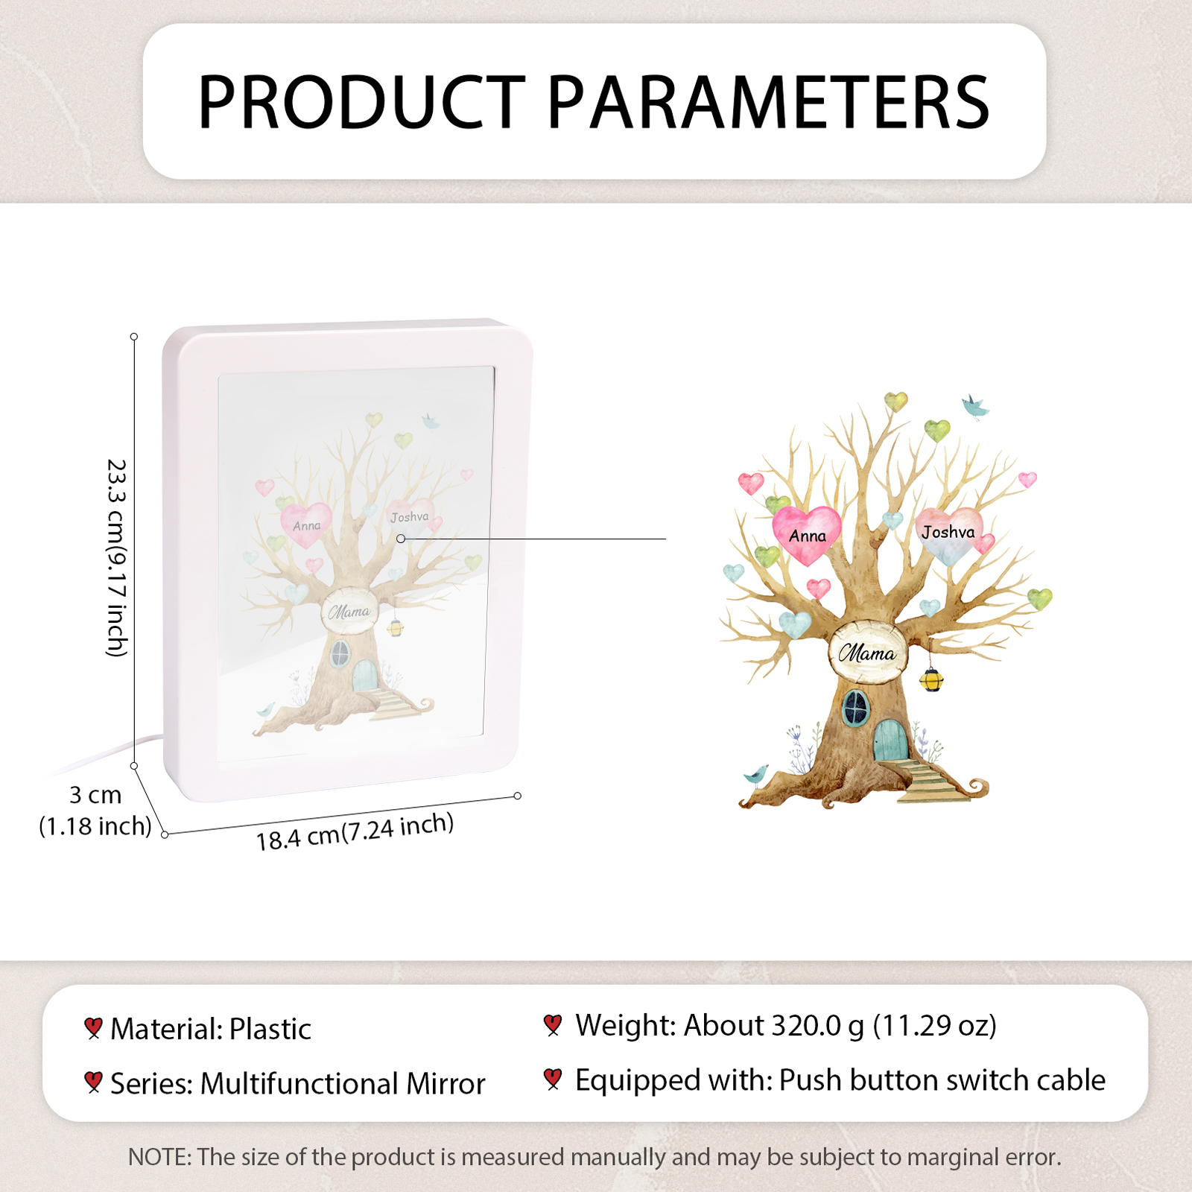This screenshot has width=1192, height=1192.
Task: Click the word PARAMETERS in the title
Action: pyautogui.click(x=768, y=102)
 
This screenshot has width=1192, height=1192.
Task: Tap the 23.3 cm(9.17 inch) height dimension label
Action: pyautogui.click(x=117, y=557)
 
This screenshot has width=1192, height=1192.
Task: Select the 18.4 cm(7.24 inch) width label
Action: pyautogui.click(x=355, y=831)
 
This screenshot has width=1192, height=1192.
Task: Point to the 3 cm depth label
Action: pyautogui.click(x=95, y=795)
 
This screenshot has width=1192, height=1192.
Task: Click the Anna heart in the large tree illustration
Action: pyautogui.click(x=807, y=533)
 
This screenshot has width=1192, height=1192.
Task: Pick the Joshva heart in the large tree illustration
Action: pyautogui.click(x=948, y=534)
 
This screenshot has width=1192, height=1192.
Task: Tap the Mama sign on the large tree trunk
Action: pyautogui.click(x=867, y=653)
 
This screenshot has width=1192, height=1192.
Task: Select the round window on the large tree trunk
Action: pyautogui.click(x=856, y=708)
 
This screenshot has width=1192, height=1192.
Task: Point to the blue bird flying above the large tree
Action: pyautogui.click(x=974, y=407)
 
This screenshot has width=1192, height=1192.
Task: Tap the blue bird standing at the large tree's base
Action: pyautogui.click(x=756, y=775)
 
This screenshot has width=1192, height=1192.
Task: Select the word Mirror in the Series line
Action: pyautogui.click(x=446, y=1084)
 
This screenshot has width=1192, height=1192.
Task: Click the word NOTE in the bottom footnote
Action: pyautogui.click(x=159, y=1157)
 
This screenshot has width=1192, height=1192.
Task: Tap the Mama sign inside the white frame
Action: pyautogui.click(x=349, y=611)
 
